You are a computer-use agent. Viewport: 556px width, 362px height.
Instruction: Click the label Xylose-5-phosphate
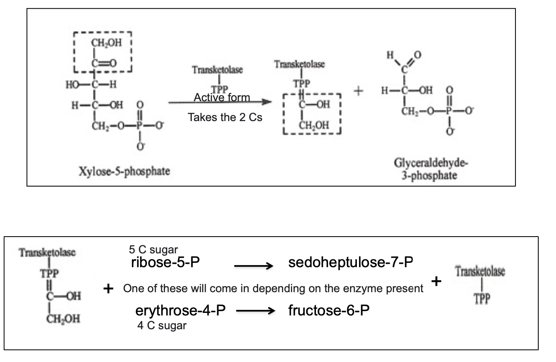tap(124, 171)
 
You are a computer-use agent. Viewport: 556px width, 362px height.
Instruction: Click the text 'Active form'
tap(222, 97)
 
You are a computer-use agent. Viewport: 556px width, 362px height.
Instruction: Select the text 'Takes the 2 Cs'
tap(225, 117)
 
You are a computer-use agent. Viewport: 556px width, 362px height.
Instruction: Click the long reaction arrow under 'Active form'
tap(220, 103)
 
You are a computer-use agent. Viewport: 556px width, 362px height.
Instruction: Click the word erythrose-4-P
tap(181, 311)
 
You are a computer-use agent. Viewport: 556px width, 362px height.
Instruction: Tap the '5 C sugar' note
tap(153, 250)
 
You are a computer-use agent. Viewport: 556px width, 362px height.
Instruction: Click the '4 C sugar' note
tap(162, 325)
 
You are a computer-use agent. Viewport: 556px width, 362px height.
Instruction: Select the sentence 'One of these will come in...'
tap(273, 289)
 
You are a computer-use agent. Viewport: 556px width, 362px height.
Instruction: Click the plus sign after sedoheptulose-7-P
tap(436, 282)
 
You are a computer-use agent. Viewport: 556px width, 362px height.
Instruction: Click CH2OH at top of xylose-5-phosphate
tap(106, 43)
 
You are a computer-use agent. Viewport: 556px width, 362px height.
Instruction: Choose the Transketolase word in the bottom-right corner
tap(480, 271)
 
